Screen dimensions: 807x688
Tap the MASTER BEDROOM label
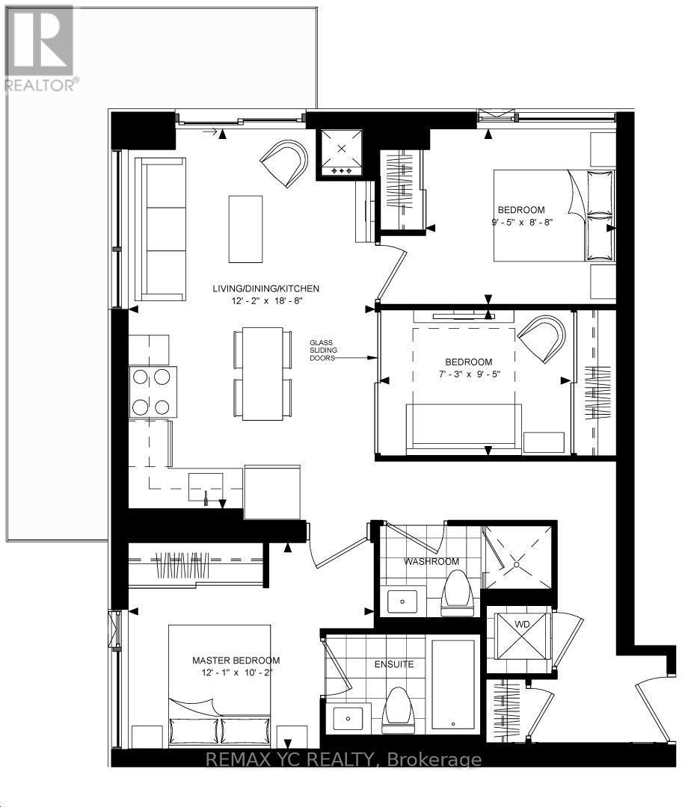[x=236, y=661]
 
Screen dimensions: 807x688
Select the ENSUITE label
[x=394, y=664]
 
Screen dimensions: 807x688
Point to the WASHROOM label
[x=431, y=561]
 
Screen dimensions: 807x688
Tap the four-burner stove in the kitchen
[x=153, y=392]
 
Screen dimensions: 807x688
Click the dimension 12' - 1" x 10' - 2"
[x=236, y=672]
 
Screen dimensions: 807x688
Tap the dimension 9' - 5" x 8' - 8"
[x=521, y=222]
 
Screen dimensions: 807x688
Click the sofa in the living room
[x=159, y=228]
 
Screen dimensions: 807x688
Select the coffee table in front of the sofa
[x=245, y=228]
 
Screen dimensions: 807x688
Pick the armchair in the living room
[x=285, y=163]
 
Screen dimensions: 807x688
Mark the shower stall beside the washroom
[x=519, y=557]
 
